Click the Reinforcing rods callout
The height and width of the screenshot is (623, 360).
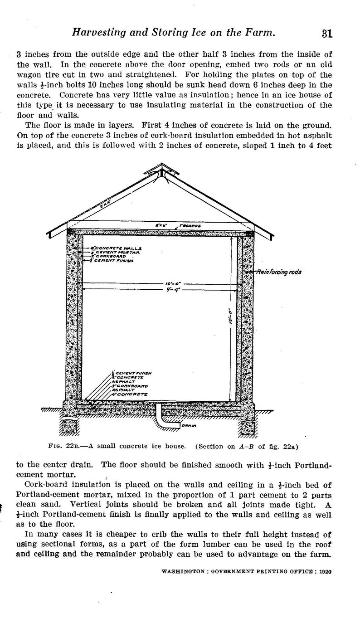coord(278,272)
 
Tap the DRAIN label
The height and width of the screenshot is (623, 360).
coord(190,426)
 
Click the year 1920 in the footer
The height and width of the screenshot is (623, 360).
coord(325,572)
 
